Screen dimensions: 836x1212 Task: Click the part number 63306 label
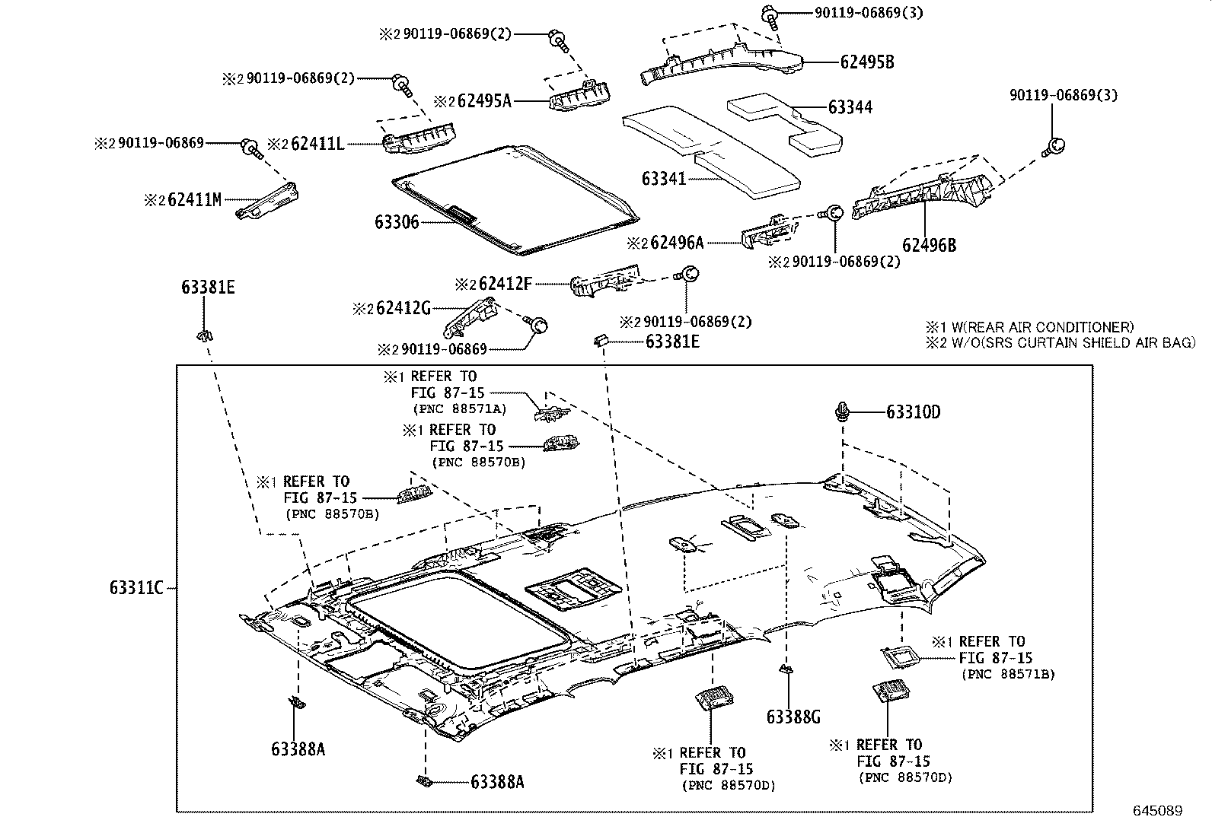point(396,222)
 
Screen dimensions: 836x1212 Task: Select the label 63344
point(850,107)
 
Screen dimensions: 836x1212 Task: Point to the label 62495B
point(866,62)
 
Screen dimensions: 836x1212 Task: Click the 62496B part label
point(929,245)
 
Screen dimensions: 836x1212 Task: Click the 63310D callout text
point(913,412)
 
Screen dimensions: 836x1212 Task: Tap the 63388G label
point(793,717)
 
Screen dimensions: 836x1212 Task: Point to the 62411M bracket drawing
point(266,202)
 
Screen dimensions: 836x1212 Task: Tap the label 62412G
point(403,308)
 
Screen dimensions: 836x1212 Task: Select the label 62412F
point(504,284)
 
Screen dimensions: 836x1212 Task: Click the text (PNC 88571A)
point(459,409)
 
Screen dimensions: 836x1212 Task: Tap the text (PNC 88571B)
point(1008,674)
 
